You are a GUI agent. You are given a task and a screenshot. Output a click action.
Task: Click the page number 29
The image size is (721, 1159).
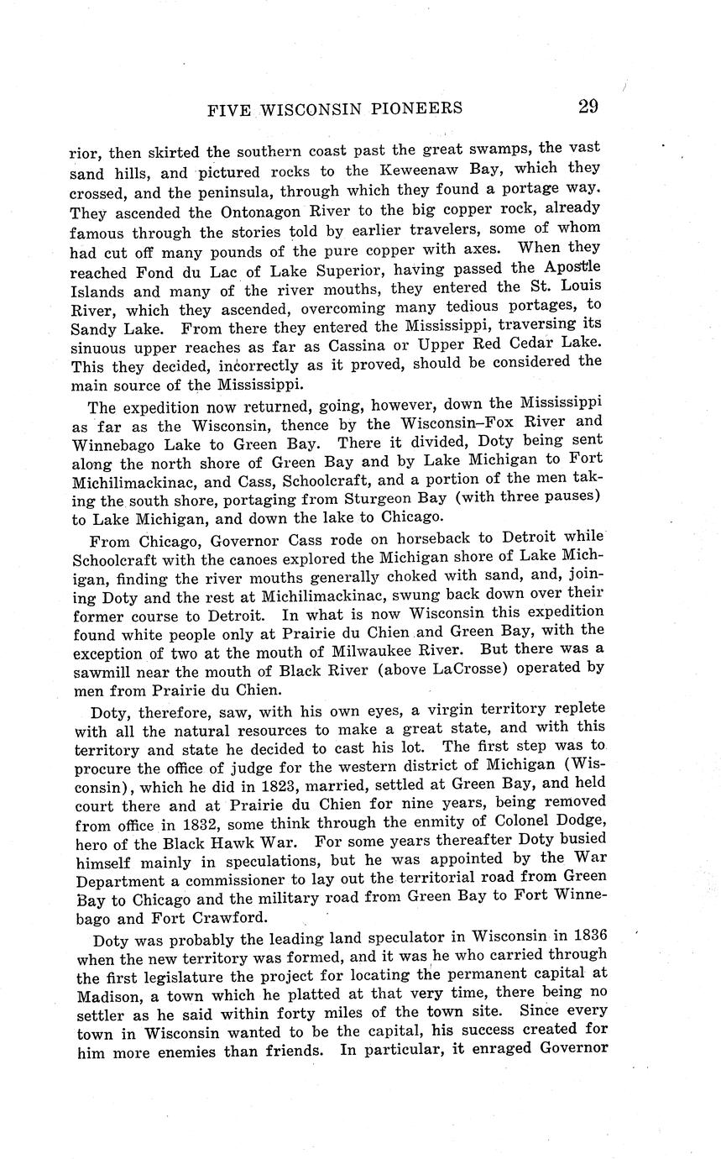pos(587,107)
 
